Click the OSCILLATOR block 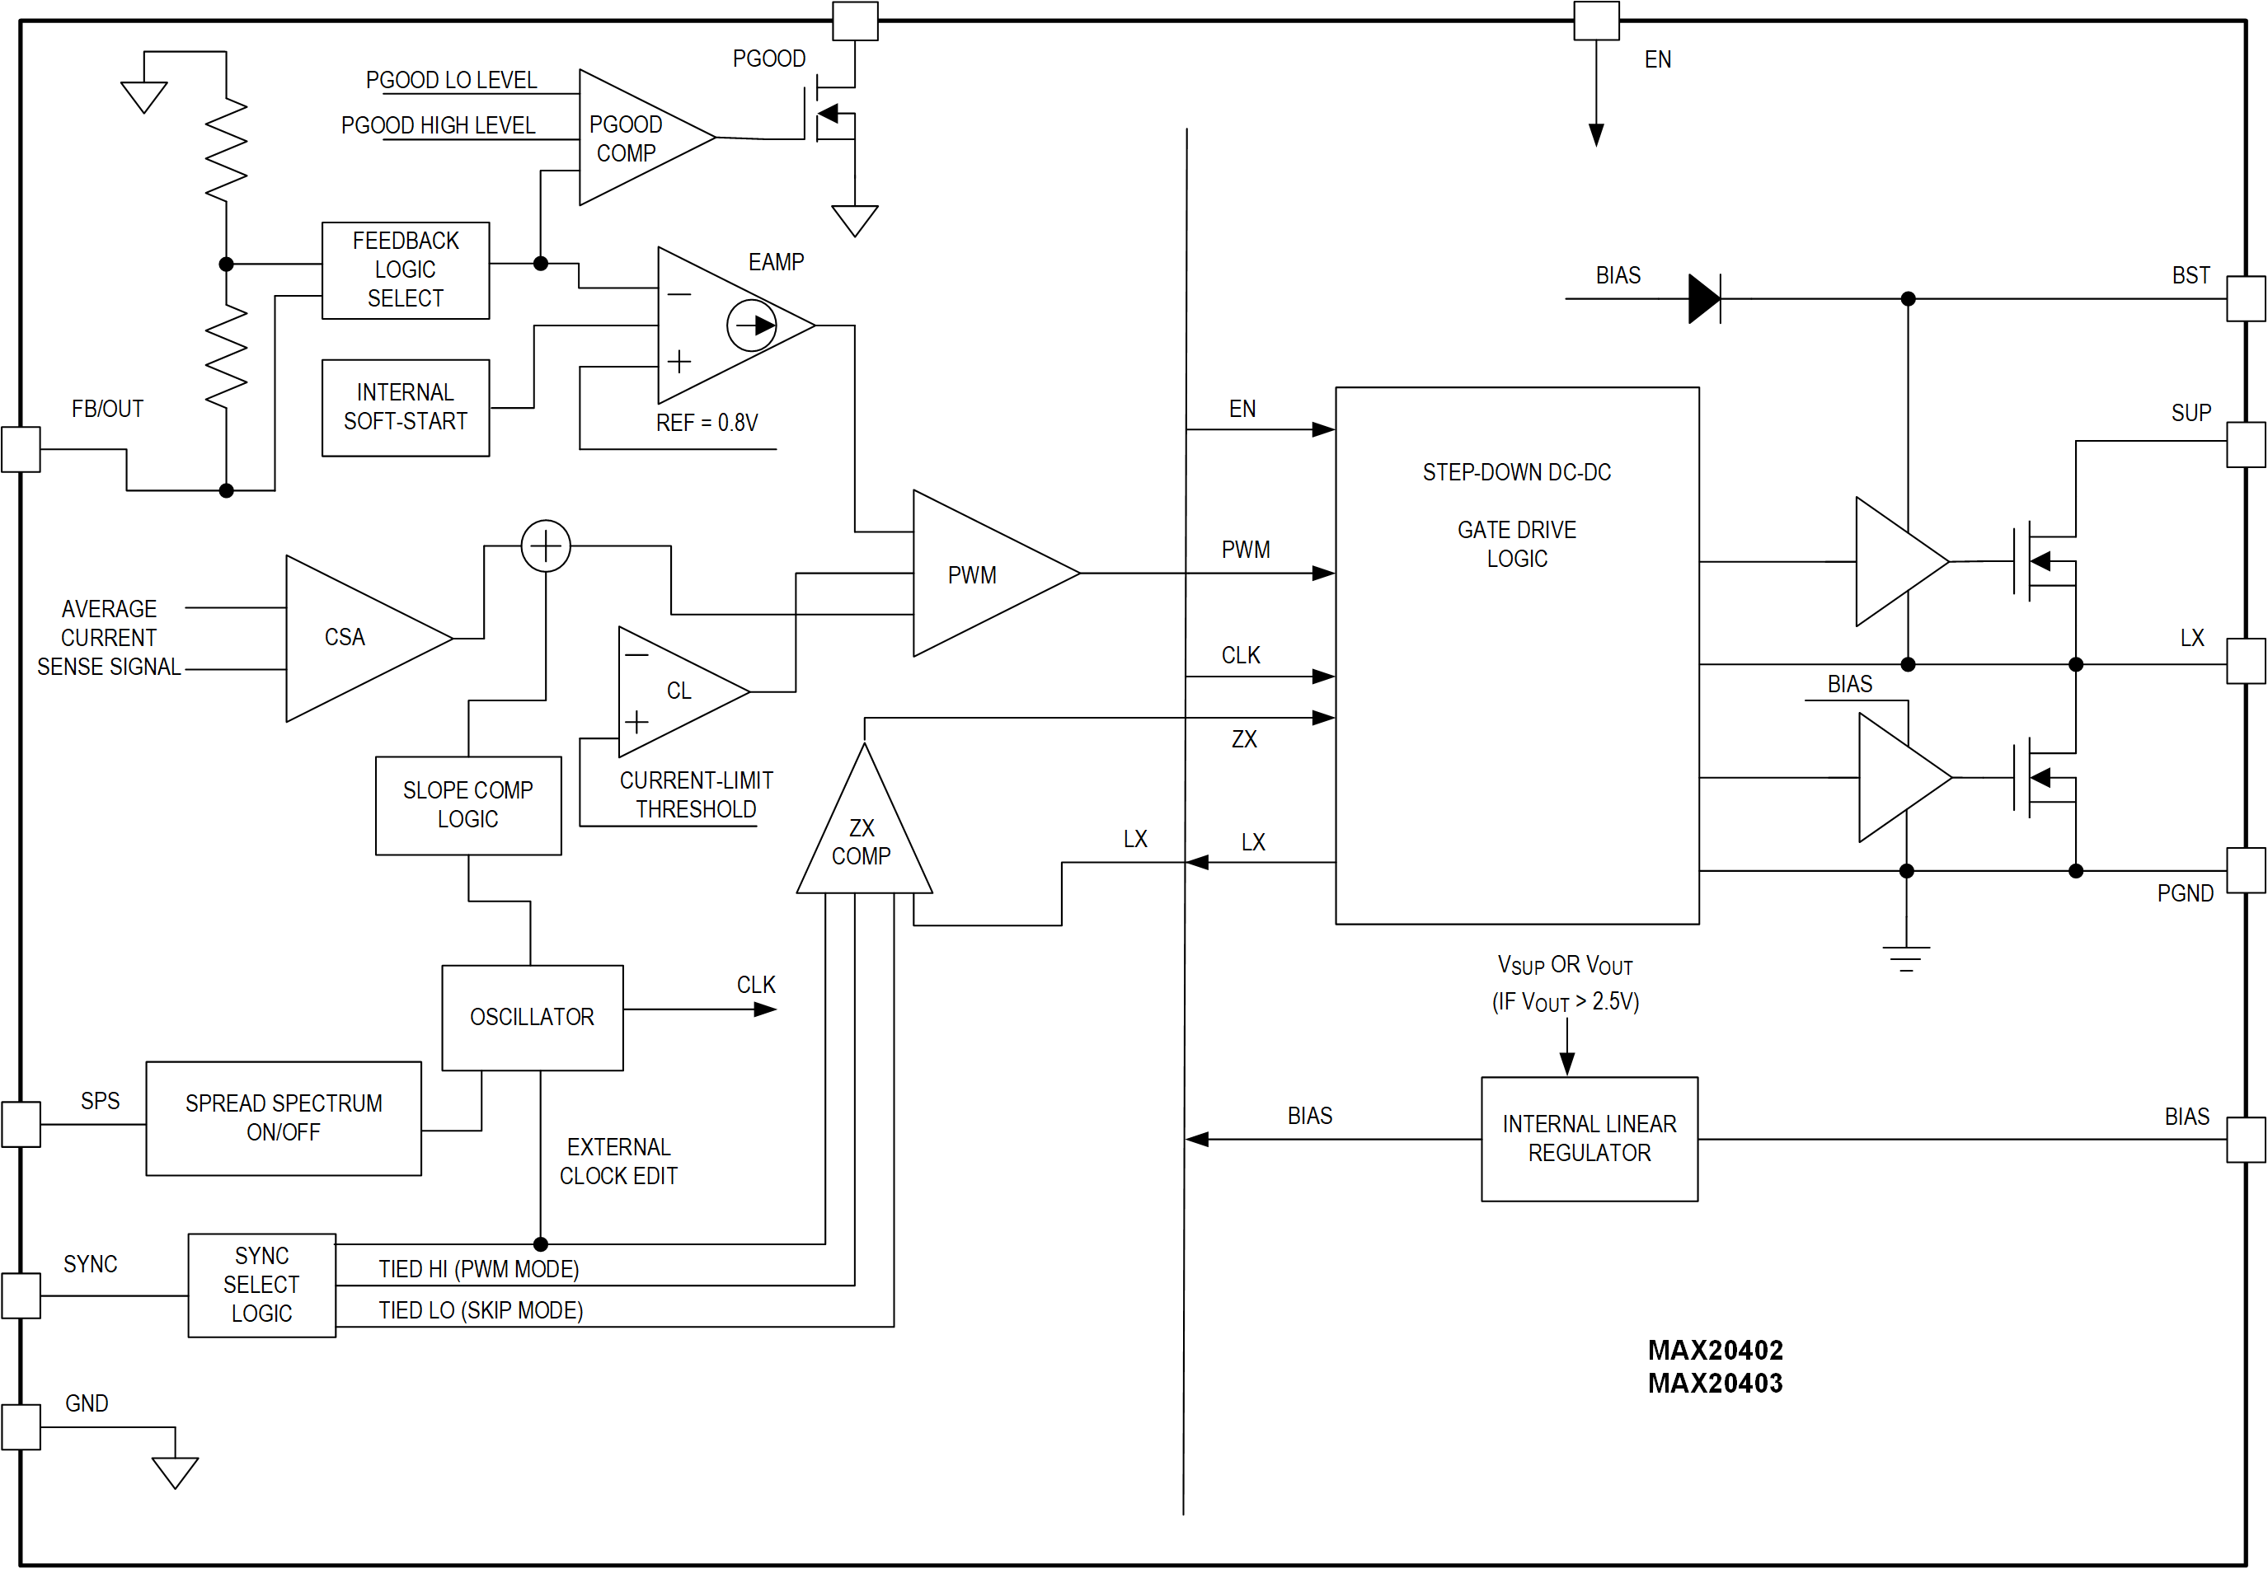pyautogui.click(x=532, y=1017)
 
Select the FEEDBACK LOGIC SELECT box pyautogui.click(x=406, y=269)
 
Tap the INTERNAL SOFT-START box pyautogui.click(x=406, y=407)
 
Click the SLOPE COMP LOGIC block pyautogui.click(x=468, y=804)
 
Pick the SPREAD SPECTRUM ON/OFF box pyautogui.click(x=284, y=1117)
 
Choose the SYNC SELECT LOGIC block pyautogui.click(x=261, y=1284)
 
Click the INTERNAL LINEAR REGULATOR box pyautogui.click(x=1589, y=1138)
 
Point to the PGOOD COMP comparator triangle pyautogui.click(x=630, y=138)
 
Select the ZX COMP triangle pyautogui.click(x=862, y=836)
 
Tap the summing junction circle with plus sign pyautogui.click(x=546, y=546)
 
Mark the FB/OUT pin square pyautogui.click(x=21, y=448)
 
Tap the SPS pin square pyautogui.click(x=21, y=1124)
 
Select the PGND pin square pyautogui.click(x=2247, y=870)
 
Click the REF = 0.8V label pyautogui.click(x=707, y=423)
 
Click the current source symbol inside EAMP pyautogui.click(x=751, y=326)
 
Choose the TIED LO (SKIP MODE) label pyautogui.click(x=481, y=1310)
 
